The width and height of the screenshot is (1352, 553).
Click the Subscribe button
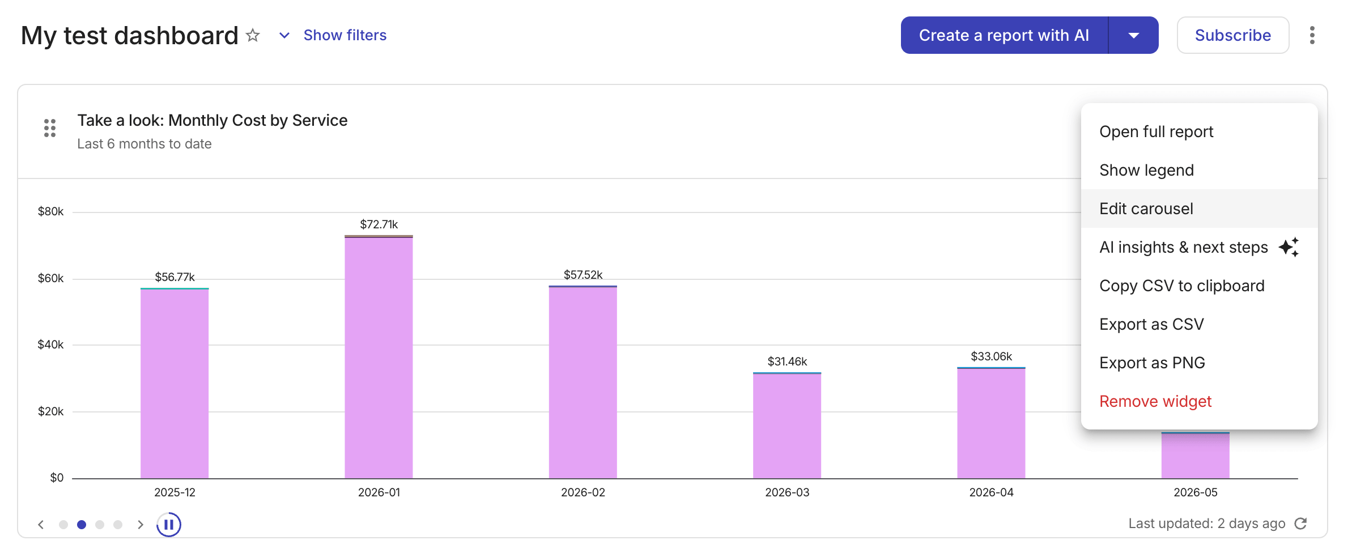(1232, 35)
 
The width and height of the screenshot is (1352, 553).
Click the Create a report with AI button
(1004, 35)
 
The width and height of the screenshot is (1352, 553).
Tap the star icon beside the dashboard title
(253, 36)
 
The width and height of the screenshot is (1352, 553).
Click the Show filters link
(345, 35)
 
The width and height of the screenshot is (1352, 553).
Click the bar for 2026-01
(379, 357)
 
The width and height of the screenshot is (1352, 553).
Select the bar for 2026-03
(787, 426)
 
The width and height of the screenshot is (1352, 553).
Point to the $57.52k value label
(583, 275)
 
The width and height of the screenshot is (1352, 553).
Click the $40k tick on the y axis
(50, 344)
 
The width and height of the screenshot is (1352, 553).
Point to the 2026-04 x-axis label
(991, 492)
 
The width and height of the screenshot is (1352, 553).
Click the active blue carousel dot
(82, 525)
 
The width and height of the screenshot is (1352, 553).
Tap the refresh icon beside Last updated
(1301, 524)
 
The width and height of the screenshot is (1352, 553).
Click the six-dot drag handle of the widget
(50, 128)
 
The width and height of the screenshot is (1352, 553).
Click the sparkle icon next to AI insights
(1289, 247)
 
